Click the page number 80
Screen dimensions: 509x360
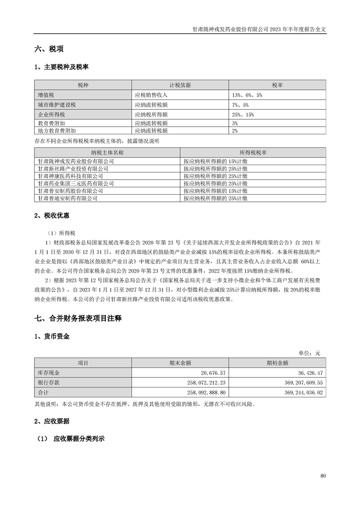323,476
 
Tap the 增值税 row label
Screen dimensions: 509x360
46,95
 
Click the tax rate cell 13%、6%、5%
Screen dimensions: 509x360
247,95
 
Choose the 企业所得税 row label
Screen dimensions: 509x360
49,114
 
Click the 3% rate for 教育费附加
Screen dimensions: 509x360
235,123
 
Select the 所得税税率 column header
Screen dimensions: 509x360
253,153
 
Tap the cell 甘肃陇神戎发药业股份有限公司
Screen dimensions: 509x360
76,161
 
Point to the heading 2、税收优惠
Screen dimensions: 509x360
52,215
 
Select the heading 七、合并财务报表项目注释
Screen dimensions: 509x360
78,319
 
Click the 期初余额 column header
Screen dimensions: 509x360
277,362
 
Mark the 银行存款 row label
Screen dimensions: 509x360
49,382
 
